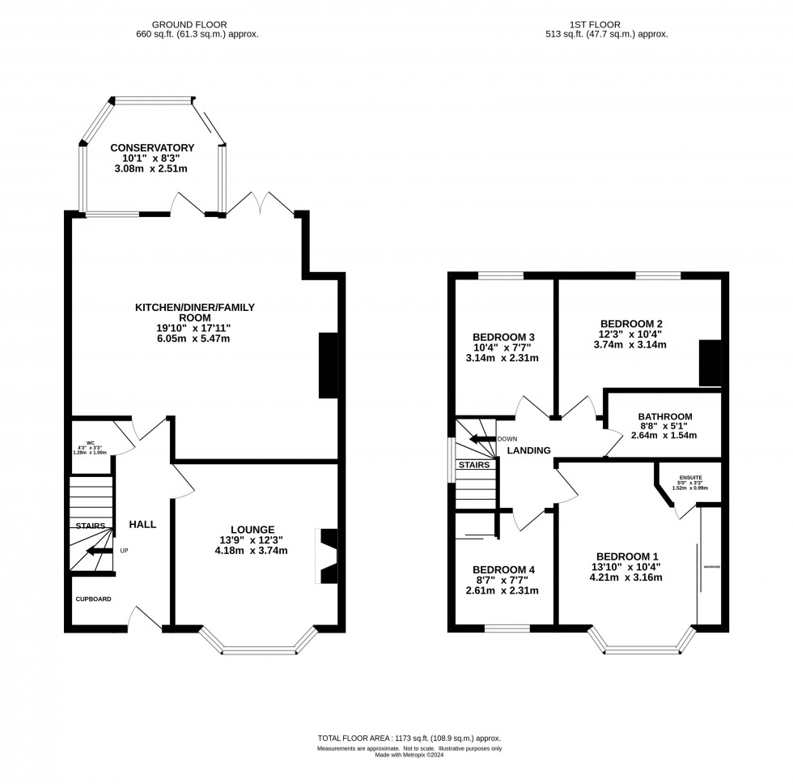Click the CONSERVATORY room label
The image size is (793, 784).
tap(152, 147)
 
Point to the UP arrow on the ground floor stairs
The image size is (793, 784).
tap(101, 551)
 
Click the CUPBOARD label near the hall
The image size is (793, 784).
tap(93, 599)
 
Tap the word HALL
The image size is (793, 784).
tap(142, 525)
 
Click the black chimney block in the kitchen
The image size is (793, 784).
tap(329, 365)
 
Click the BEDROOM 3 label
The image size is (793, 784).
tap(503, 337)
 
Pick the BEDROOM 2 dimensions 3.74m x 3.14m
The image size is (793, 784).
tap(630, 344)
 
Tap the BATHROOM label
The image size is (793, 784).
tap(664, 416)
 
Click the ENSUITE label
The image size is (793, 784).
tap(689, 478)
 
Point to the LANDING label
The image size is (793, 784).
tap(528, 450)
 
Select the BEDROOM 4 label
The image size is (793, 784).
tap(503, 569)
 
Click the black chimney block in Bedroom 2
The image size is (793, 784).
tap(709, 363)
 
